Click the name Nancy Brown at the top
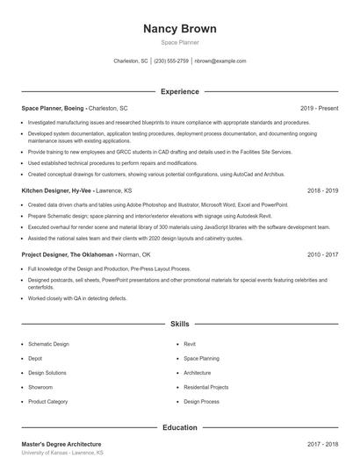(179, 29)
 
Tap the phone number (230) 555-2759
(171, 61)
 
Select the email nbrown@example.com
(220, 61)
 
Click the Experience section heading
(179, 91)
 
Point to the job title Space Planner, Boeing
(54, 108)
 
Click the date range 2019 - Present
(319, 108)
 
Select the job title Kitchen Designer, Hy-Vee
(57, 190)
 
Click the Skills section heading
(179, 324)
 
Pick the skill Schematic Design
(48, 345)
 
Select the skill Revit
(190, 345)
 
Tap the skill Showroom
(40, 387)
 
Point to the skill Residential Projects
(206, 387)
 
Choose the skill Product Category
(47, 401)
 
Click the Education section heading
(179, 427)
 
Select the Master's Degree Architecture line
(61, 445)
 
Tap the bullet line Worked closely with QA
(77, 298)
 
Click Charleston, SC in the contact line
(131, 61)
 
